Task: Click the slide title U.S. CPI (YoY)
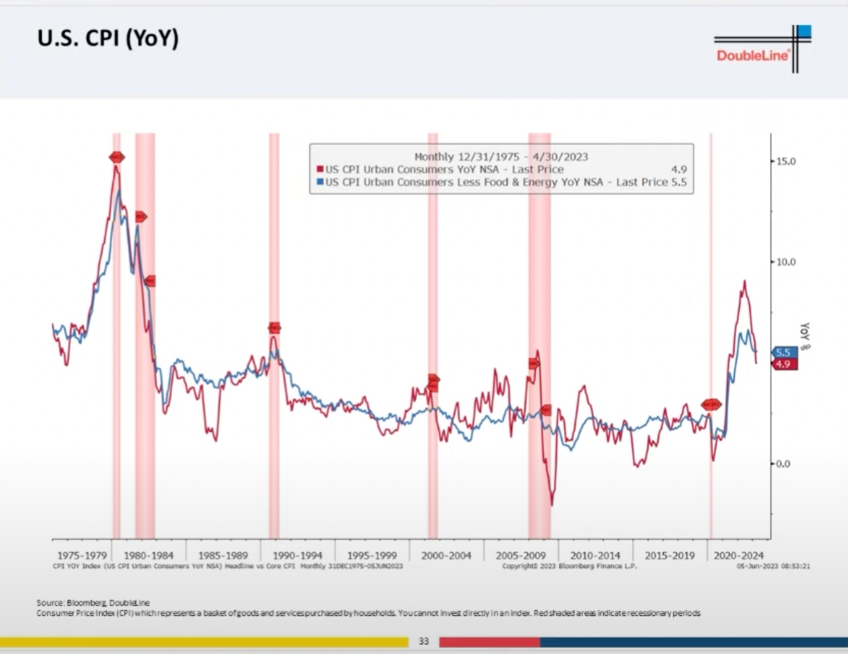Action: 108,39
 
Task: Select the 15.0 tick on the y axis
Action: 785,161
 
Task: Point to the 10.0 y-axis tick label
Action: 785,262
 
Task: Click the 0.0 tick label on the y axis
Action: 782,464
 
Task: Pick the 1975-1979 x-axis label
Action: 82,555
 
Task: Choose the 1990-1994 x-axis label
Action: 297,555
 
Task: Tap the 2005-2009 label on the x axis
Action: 520,555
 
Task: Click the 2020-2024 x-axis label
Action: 738,555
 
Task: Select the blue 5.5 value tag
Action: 784,353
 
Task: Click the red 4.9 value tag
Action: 784,364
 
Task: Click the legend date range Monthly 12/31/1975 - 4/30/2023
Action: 501,156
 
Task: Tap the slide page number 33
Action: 424,641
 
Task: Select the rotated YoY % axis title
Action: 805,336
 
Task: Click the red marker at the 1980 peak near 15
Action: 116,158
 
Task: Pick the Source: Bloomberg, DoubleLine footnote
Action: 93,603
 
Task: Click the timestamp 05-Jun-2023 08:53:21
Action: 773,566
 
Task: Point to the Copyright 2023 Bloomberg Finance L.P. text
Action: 569,566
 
